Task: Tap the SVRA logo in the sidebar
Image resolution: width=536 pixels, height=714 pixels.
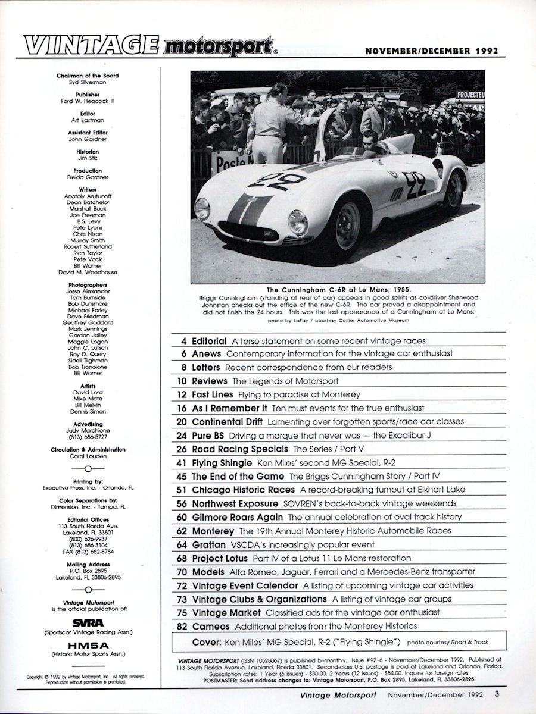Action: click(88, 623)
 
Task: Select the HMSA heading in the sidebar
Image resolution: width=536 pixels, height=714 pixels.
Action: click(88, 644)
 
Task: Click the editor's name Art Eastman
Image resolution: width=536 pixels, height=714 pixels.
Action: click(88, 120)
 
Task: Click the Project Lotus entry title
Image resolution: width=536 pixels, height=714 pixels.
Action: click(222, 558)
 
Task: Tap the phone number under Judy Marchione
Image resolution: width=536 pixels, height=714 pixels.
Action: click(88, 436)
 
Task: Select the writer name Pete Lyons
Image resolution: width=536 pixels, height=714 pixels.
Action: click(88, 227)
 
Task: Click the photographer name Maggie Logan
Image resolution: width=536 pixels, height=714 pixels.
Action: click(88, 342)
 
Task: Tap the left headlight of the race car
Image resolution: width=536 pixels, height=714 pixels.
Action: click(202, 209)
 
